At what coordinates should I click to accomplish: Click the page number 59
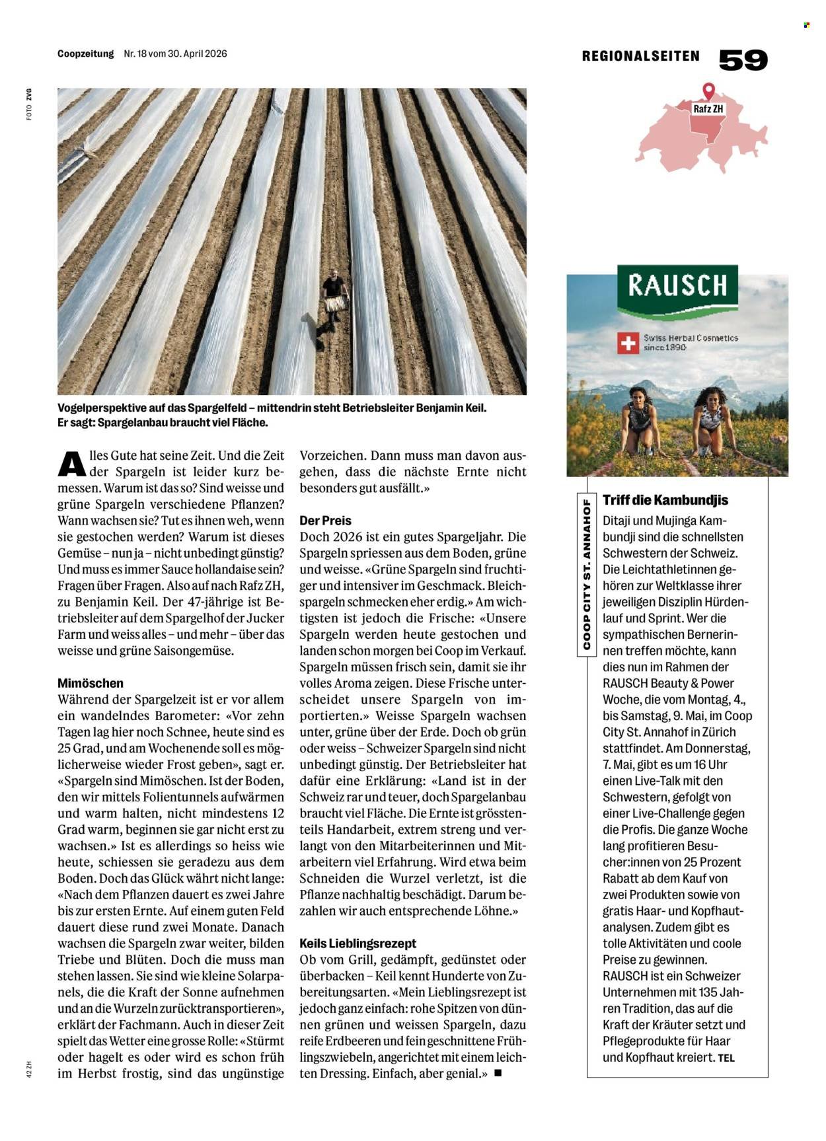point(743,60)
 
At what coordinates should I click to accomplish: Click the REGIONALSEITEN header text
point(640,57)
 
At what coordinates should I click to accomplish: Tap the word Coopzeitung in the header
point(86,54)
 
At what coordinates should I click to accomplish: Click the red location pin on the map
point(708,91)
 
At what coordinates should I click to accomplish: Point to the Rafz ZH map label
point(708,109)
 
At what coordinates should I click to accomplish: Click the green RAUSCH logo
point(677,288)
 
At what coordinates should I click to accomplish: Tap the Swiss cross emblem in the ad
point(627,343)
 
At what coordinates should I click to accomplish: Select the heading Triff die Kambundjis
point(665,500)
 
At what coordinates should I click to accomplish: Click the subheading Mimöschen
point(91,683)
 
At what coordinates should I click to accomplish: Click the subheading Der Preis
point(325,521)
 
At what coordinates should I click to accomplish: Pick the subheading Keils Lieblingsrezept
point(357,943)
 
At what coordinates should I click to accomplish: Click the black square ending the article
point(498,1074)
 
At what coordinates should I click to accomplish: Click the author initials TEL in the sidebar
point(726,1058)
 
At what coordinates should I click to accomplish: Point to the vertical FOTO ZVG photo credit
point(29,104)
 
